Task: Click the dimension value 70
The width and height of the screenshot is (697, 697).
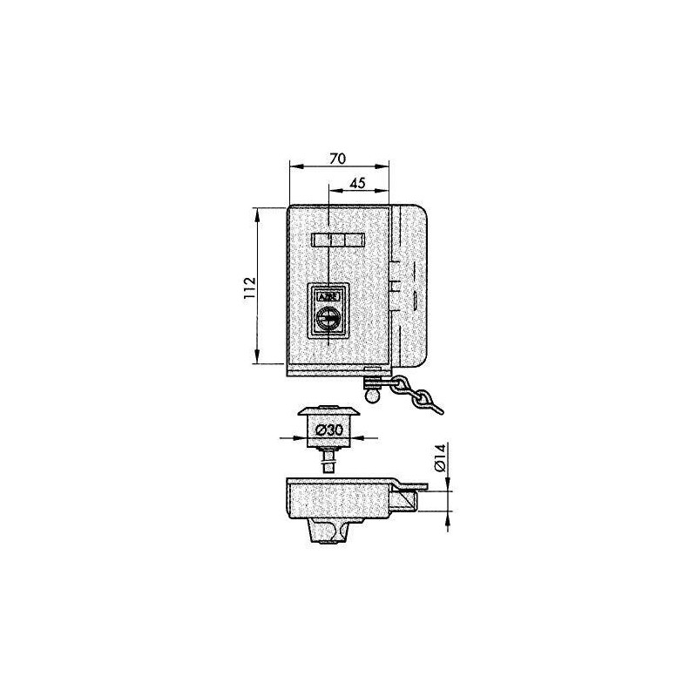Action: pyautogui.click(x=340, y=158)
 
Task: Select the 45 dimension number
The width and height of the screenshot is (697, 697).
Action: pyautogui.click(x=356, y=183)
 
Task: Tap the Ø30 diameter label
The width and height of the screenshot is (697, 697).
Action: pyautogui.click(x=328, y=430)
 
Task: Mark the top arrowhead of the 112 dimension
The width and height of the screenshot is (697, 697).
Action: pyautogui.click(x=258, y=212)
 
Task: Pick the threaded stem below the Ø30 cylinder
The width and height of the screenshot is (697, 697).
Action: pyautogui.click(x=328, y=458)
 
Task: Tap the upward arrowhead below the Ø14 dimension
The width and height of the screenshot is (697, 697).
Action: pyautogui.click(x=448, y=518)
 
